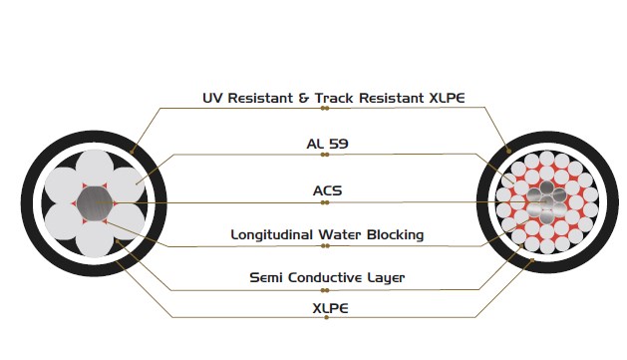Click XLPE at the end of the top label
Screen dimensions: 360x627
pos(444,98)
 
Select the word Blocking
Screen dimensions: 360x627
pos(400,235)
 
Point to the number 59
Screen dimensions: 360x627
pos(339,144)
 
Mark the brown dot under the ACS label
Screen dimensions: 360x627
pos(325,202)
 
